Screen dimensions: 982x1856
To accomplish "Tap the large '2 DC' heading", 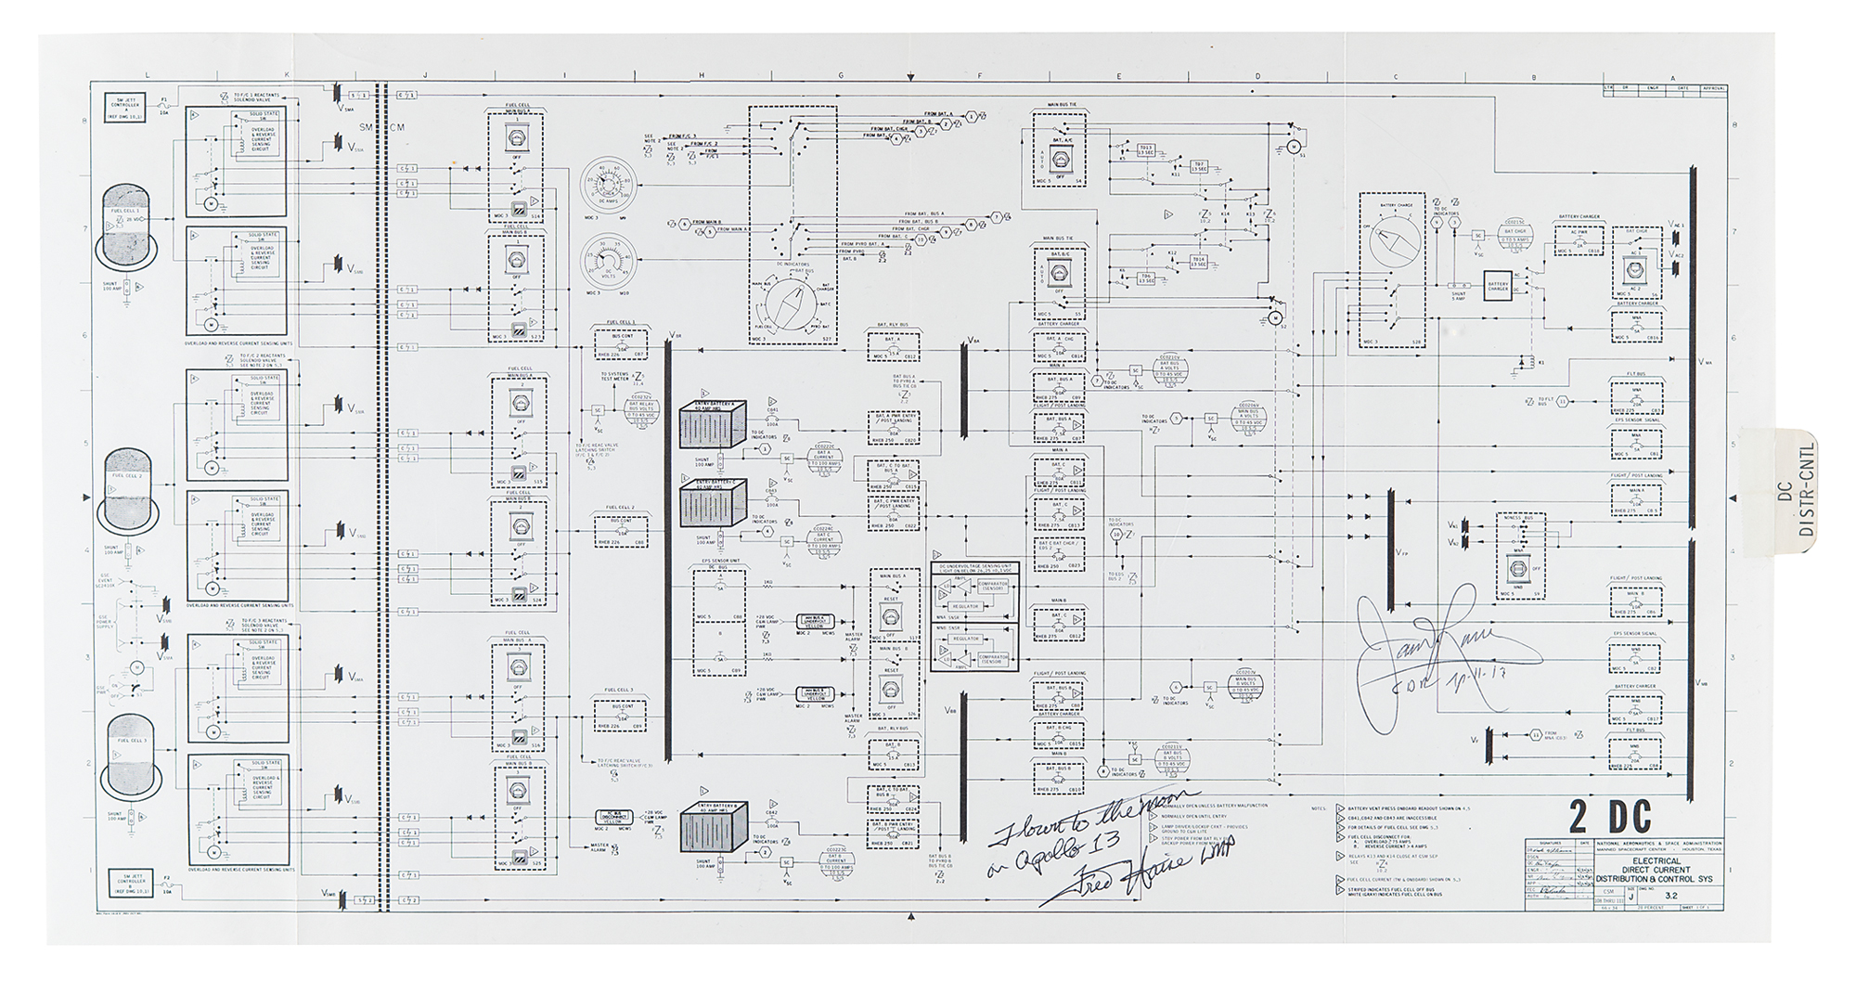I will coord(1610,817).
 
